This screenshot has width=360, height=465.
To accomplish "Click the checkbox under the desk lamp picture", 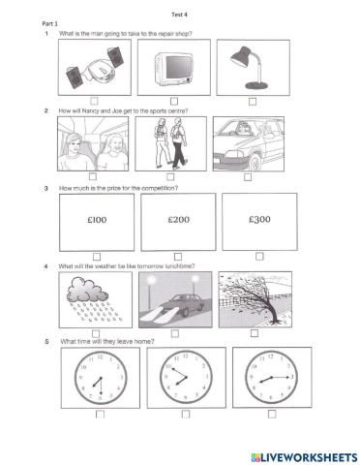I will [x=252, y=100].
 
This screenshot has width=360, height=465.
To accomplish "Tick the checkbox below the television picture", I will [x=174, y=100].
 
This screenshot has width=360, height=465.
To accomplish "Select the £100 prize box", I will [x=96, y=220].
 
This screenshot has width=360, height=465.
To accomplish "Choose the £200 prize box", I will [x=176, y=220].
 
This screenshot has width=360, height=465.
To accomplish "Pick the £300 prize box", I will [x=258, y=220].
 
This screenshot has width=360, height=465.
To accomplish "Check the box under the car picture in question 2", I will [x=249, y=177].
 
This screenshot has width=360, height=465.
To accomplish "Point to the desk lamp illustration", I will [x=252, y=65].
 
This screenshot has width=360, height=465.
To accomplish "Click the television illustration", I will [x=174, y=65].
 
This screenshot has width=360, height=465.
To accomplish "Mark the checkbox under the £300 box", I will [x=259, y=256].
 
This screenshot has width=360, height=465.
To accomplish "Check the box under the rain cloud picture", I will [x=96, y=334].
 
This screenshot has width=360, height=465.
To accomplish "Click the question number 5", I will [x=45, y=342].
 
